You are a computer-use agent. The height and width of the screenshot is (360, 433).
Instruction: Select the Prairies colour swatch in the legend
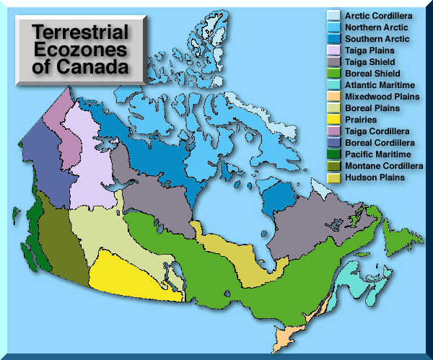pyautogui.click(x=333, y=120)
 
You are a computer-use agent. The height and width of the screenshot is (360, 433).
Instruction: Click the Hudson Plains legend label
pyautogui.click(x=374, y=177)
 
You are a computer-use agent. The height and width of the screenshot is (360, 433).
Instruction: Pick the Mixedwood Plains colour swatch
pyautogui.click(x=333, y=97)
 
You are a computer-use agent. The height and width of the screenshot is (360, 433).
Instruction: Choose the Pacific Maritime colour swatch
pyautogui.click(x=333, y=154)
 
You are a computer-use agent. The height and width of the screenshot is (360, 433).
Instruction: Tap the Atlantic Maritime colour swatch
pyautogui.click(x=333, y=85)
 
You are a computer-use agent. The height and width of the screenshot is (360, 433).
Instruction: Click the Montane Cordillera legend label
pyautogui.click(x=383, y=166)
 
